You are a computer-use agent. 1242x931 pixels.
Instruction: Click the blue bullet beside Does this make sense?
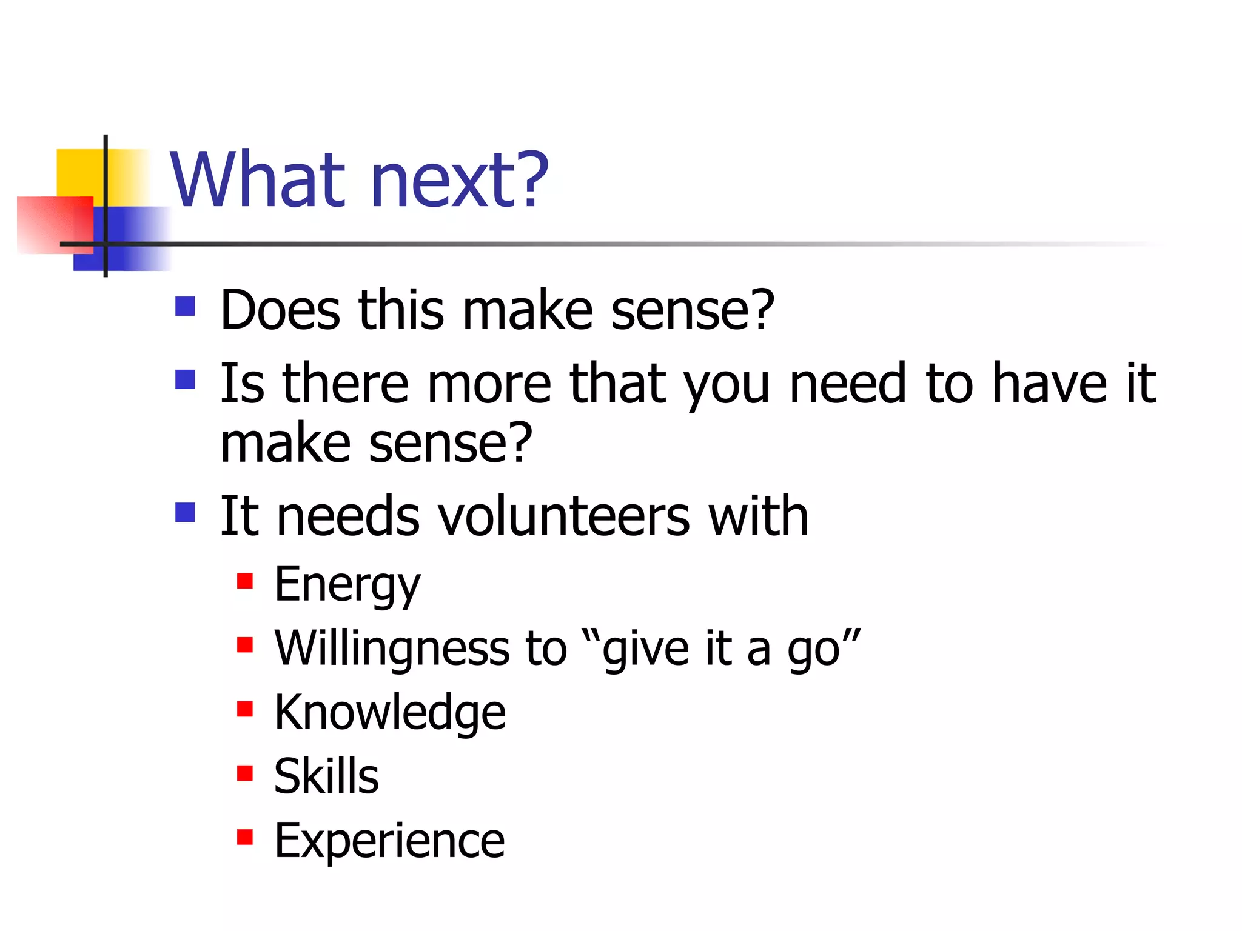tap(185, 306)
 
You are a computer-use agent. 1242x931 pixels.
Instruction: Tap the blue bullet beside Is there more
tap(185, 380)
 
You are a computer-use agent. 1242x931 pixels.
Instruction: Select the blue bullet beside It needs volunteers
tap(185, 512)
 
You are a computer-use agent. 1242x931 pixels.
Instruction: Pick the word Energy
tap(347, 585)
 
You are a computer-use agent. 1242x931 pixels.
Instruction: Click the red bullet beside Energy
tap(245, 581)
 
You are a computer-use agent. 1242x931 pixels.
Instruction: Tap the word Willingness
tap(392, 649)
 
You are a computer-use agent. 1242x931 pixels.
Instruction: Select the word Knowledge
tap(389, 713)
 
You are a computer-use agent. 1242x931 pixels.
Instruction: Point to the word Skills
tap(326, 776)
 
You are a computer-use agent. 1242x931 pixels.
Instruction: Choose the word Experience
tap(389, 841)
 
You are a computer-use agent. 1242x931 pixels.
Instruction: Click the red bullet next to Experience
tap(245, 837)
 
